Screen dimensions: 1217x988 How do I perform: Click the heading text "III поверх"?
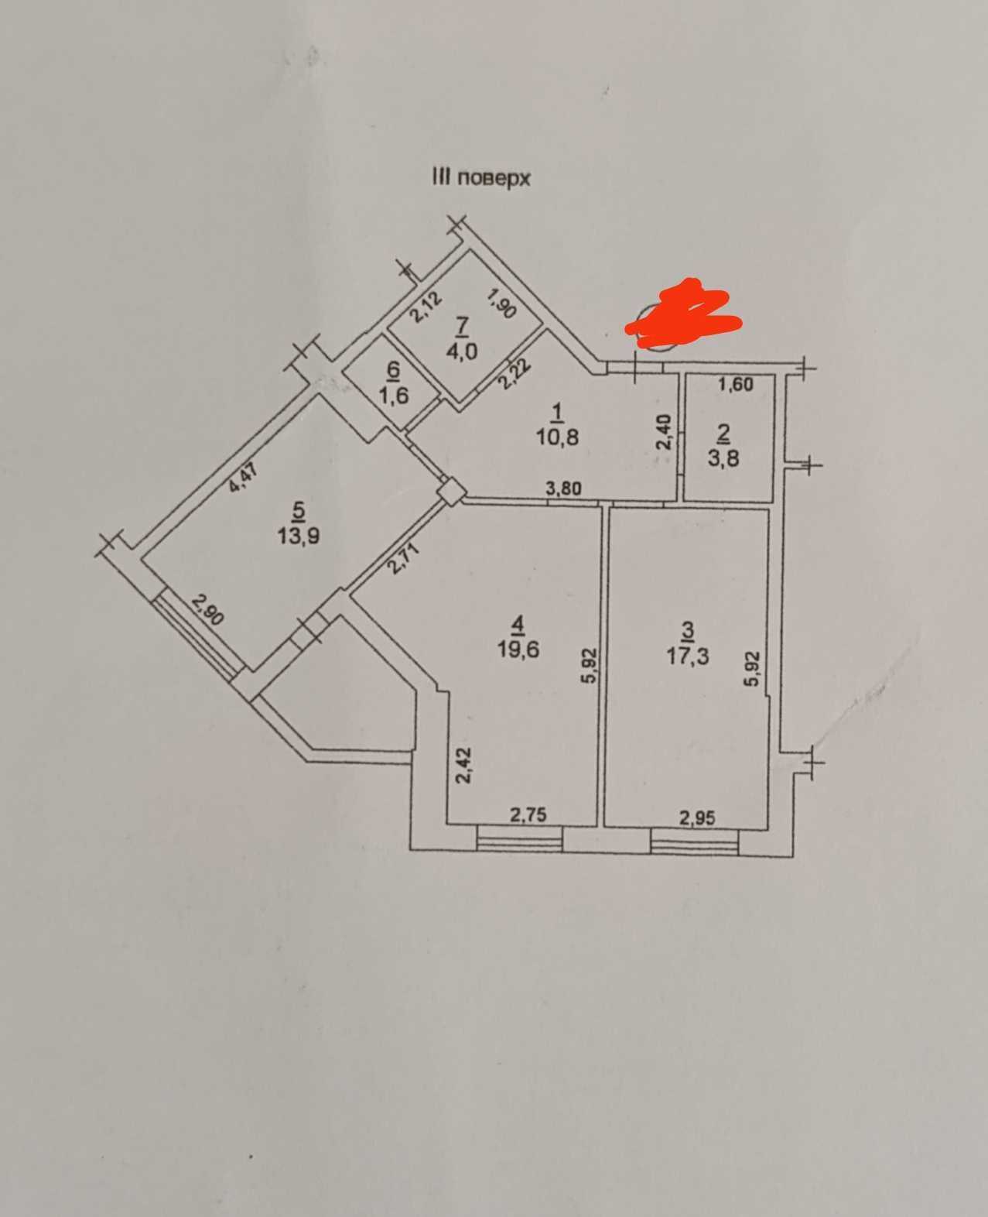coord(480,177)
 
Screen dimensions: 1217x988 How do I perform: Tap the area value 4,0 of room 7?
coord(462,350)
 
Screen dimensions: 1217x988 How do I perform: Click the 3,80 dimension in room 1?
coord(564,489)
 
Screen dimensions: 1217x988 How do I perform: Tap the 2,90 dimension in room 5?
coord(208,609)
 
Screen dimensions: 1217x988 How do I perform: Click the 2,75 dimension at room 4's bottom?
coord(528,814)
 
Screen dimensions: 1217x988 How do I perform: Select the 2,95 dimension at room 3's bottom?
coord(697,818)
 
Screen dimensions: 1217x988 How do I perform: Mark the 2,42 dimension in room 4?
coord(464,766)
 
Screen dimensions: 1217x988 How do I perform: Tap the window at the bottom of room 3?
coord(695,842)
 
